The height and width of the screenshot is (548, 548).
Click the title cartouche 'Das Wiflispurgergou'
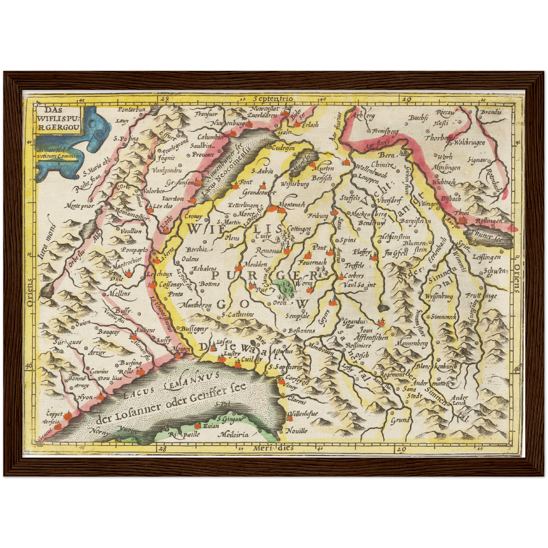pyautogui.click(x=59, y=118)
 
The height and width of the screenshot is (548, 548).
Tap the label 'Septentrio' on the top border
pyautogui.click(x=274, y=99)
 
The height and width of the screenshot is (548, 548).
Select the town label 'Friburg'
pyautogui.click(x=318, y=216)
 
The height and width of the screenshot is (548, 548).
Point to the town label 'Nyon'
pyautogui.click(x=85, y=397)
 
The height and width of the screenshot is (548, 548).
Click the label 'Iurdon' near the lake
pyautogui.click(x=173, y=198)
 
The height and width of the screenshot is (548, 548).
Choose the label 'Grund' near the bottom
pyautogui.click(x=400, y=420)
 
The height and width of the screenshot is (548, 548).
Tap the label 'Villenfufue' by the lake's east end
pyautogui.click(x=303, y=413)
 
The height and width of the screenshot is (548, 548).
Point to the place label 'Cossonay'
pyautogui.click(x=170, y=284)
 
